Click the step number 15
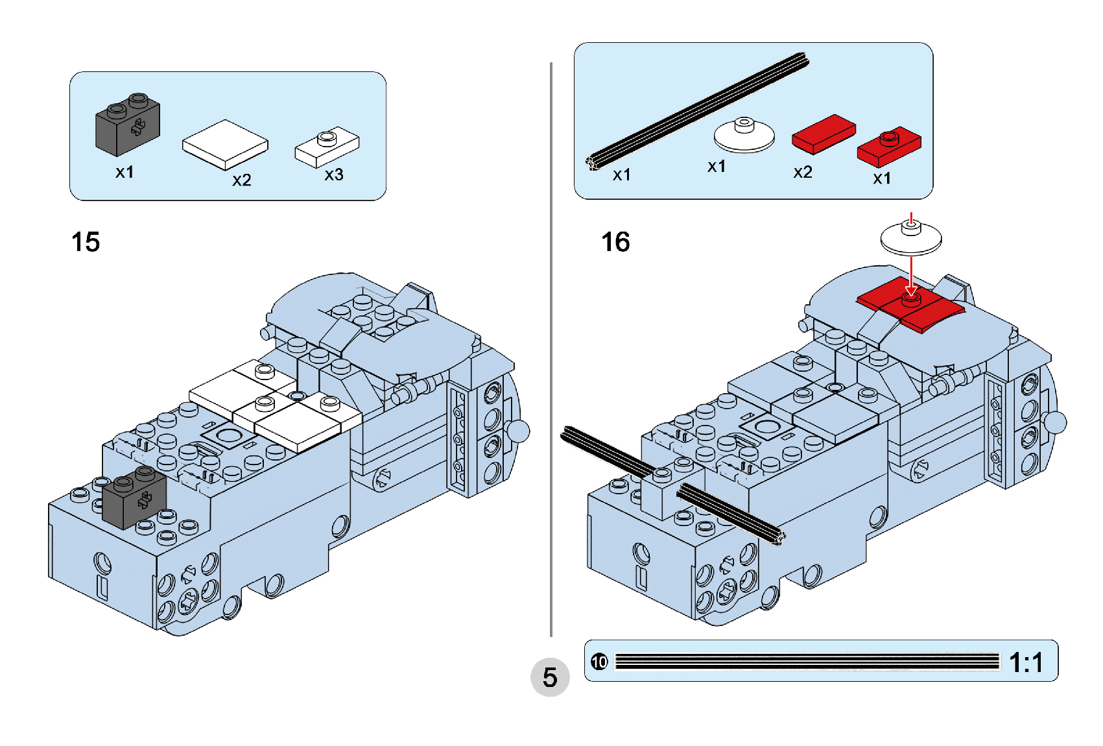[86, 242]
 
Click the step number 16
[615, 242]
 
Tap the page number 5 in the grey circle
[550, 677]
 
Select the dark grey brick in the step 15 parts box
[128, 125]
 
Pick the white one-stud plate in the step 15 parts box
[327, 147]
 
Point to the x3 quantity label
[334, 174]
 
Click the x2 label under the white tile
[242, 180]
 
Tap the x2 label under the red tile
[803, 172]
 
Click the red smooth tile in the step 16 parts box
[824, 134]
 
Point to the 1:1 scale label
[1026, 662]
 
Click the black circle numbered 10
[599, 662]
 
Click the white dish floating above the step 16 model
[911, 237]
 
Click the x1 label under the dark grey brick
[125, 172]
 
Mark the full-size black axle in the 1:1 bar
[807, 662]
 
